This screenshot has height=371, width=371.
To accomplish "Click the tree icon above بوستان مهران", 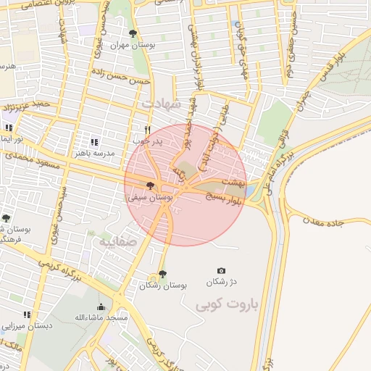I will (132, 33).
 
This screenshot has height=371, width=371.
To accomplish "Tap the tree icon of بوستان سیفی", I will (150, 186).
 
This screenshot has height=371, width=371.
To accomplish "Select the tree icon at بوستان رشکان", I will (162, 275).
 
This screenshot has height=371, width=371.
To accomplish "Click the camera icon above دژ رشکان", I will (221, 270).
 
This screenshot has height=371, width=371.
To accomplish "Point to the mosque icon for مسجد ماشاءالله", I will (101, 307).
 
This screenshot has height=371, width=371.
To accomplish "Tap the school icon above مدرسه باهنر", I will (93, 142).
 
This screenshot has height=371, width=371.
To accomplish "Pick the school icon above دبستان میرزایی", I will (27, 314).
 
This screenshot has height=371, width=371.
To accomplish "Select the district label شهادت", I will (159, 104).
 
